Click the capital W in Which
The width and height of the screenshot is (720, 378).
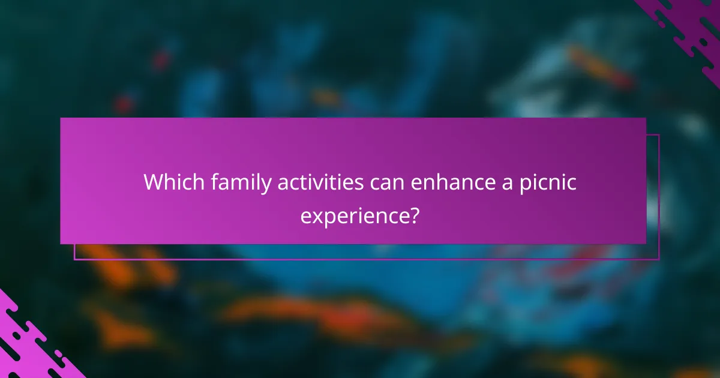[152, 182]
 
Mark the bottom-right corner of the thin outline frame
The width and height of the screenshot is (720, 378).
[659, 259]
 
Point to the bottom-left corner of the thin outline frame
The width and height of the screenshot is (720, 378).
[74, 259]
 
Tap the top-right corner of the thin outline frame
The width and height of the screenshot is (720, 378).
[659, 135]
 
